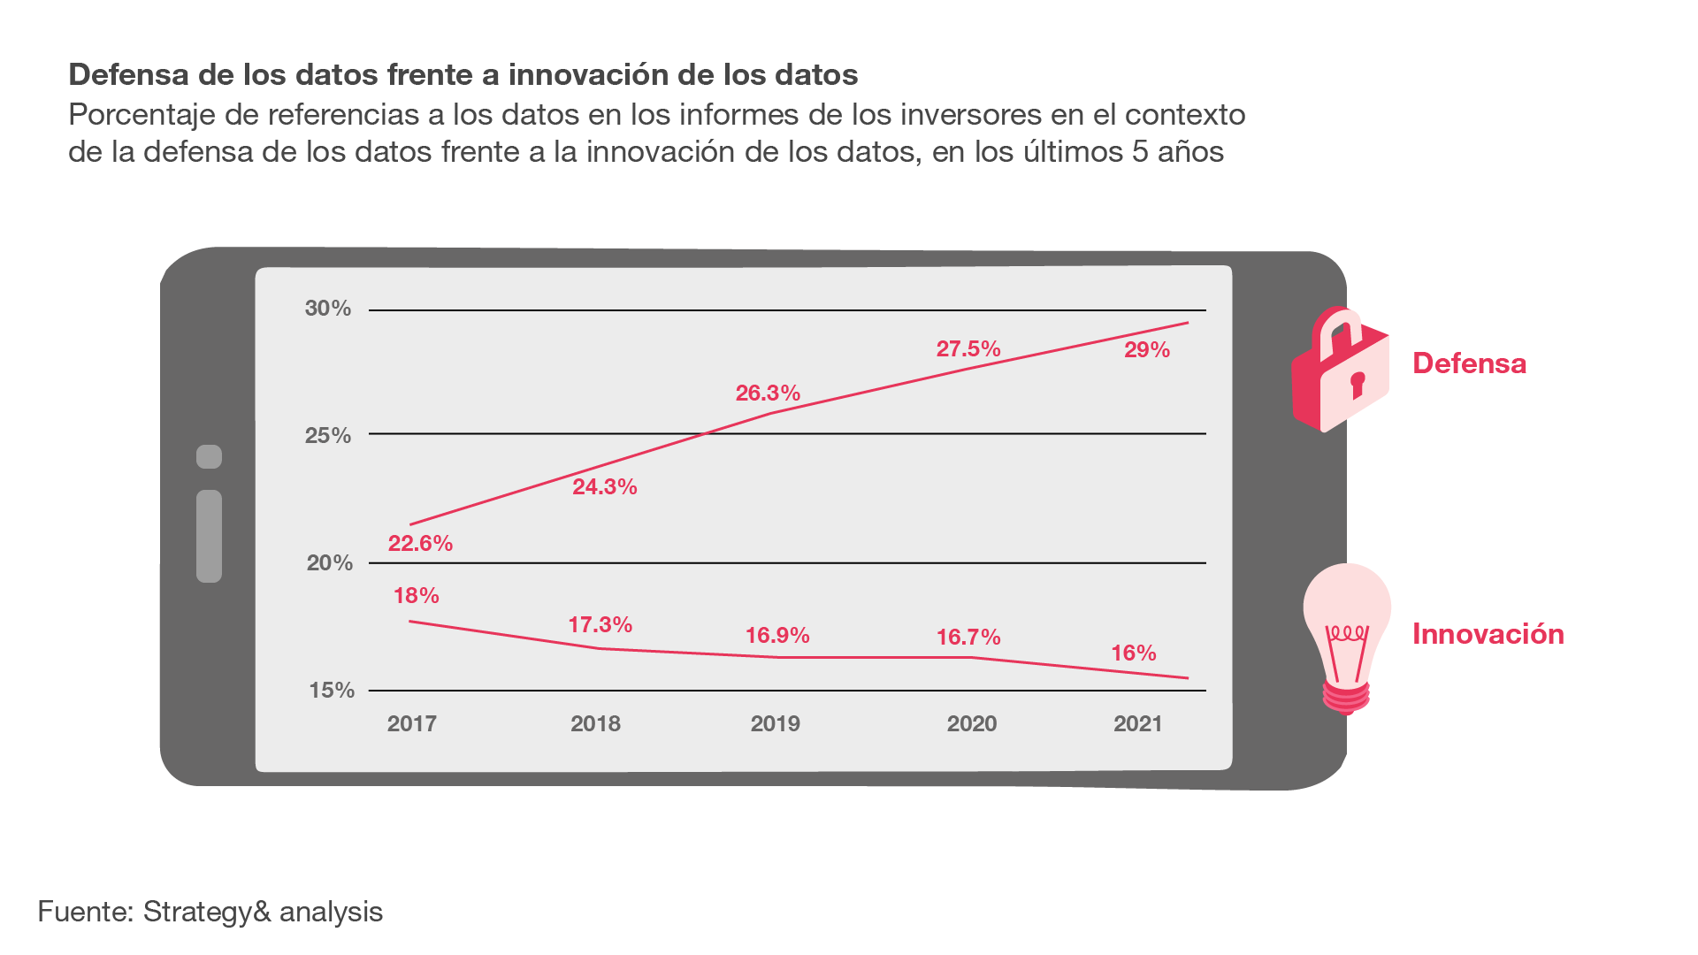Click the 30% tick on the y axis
pyautogui.click(x=327, y=309)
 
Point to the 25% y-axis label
pyautogui.click(x=327, y=436)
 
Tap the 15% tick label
pyautogui.click(x=331, y=691)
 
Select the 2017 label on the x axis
pyautogui.click(x=411, y=724)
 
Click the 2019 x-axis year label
pyautogui.click(x=775, y=724)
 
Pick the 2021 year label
pyautogui.click(x=1137, y=724)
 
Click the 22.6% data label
pyautogui.click(x=420, y=544)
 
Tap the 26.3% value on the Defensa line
pyautogui.click(x=768, y=393)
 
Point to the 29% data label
pyautogui.click(x=1146, y=350)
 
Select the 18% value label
pyautogui.click(x=416, y=596)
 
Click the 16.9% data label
pyautogui.click(x=776, y=636)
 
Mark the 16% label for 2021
pyautogui.click(x=1133, y=653)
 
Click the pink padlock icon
pyautogui.click(x=1340, y=370)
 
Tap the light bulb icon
pyautogui.click(x=1346, y=637)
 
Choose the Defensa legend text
pyautogui.click(x=1469, y=363)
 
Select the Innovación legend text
pyautogui.click(x=1488, y=634)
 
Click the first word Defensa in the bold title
pyautogui.click(x=128, y=75)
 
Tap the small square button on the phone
pyautogui.click(x=209, y=456)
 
